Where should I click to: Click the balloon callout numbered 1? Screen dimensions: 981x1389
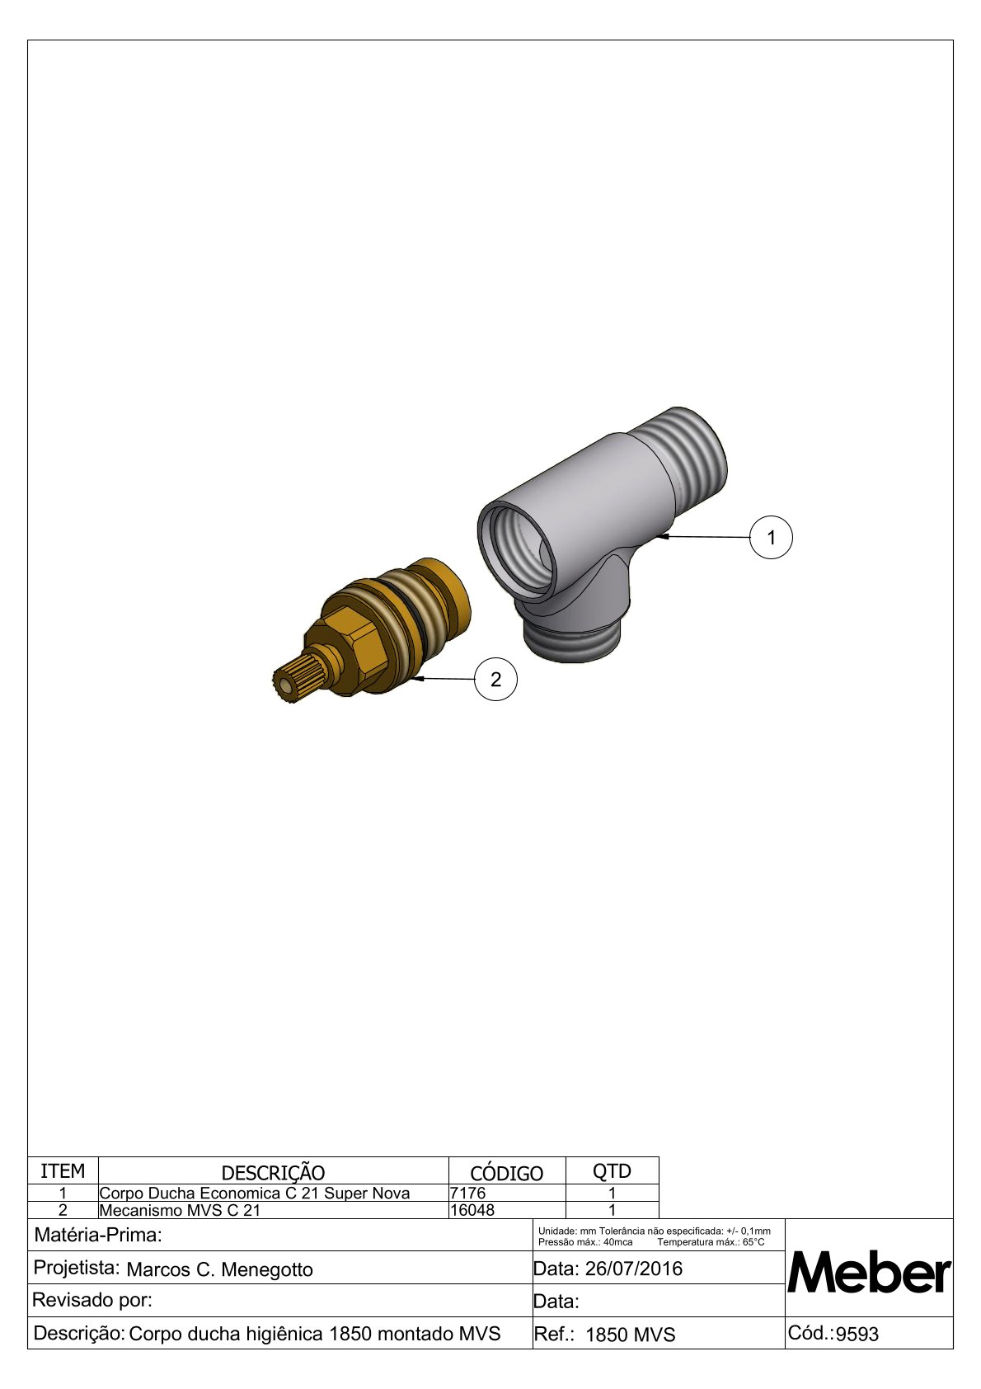pyautogui.click(x=771, y=538)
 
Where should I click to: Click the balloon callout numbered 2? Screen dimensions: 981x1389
pyautogui.click(x=495, y=680)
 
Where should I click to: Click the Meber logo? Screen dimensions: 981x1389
pyautogui.click(x=868, y=1273)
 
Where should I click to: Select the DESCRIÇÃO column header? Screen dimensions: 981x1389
pyautogui.click(x=273, y=1173)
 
